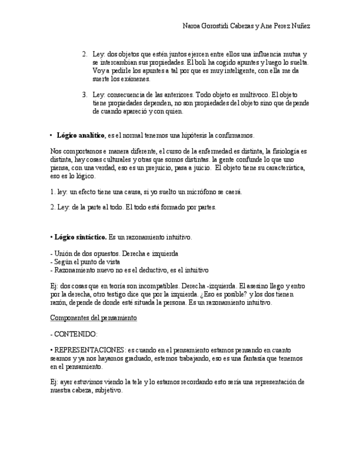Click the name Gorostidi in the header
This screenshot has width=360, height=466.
219,26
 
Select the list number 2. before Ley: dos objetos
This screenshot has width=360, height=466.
85,54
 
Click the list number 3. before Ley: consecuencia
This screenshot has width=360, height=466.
85,95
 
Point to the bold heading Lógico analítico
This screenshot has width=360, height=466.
80,135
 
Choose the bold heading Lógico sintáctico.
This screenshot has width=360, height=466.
80,237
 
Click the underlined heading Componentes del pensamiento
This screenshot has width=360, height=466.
93,318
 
